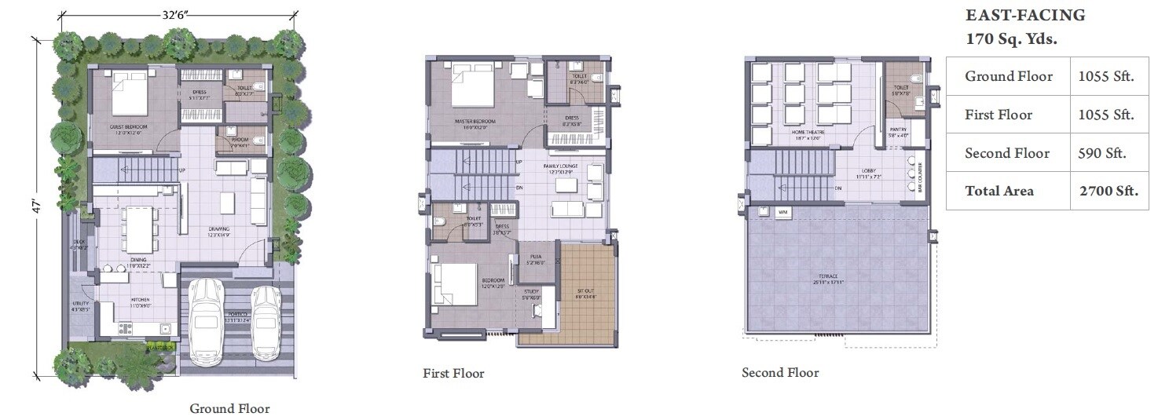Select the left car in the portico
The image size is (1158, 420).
(x=206, y=319)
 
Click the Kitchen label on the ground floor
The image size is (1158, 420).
(x=141, y=300)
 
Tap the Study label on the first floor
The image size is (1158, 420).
(x=532, y=294)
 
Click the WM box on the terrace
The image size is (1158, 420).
(x=782, y=212)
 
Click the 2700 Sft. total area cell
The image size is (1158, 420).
(x=1109, y=191)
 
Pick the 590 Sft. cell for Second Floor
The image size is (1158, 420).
(x=1103, y=153)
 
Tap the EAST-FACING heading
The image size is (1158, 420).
(x=1025, y=15)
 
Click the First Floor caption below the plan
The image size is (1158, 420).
(x=453, y=374)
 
